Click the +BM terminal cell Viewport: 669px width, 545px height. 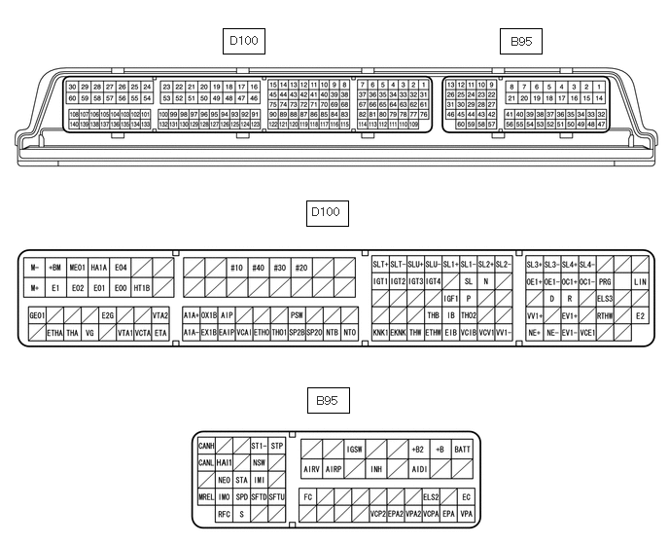pyautogui.click(x=55, y=267)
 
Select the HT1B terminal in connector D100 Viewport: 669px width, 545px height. pyautogui.click(x=142, y=288)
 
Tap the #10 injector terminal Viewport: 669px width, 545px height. pyautogui.click(x=236, y=267)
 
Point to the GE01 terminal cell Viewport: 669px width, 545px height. pyautogui.click(x=37, y=315)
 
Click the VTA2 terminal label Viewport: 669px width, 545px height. pyautogui.click(x=160, y=315)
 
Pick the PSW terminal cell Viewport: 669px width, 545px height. pyautogui.click(x=298, y=315)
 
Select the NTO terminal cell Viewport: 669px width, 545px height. pyautogui.click(x=350, y=333)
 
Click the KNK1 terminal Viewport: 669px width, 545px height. pyautogui.click(x=380, y=333)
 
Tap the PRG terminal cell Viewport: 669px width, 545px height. pyautogui.click(x=605, y=281)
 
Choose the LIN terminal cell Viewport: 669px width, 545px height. pyautogui.click(x=640, y=281)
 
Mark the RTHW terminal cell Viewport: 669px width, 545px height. pyautogui.click(x=605, y=315)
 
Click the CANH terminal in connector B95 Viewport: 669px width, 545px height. pyautogui.click(x=206, y=446)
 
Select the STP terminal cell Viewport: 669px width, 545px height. pyautogui.click(x=277, y=446)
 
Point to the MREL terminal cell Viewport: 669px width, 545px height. pyautogui.click(x=206, y=497)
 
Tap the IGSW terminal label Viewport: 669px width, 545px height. pyautogui.click(x=356, y=449)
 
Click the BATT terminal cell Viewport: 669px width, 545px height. pyautogui.click(x=463, y=449)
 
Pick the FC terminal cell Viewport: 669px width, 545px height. pyautogui.click(x=307, y=496)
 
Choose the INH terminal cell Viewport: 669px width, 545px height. pyautogui.click(x=376, y=468)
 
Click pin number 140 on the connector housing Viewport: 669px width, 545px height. pyautogui.click(x=74, y=125)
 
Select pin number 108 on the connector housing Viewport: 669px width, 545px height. pyautogui.click(x=74, y=115)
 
